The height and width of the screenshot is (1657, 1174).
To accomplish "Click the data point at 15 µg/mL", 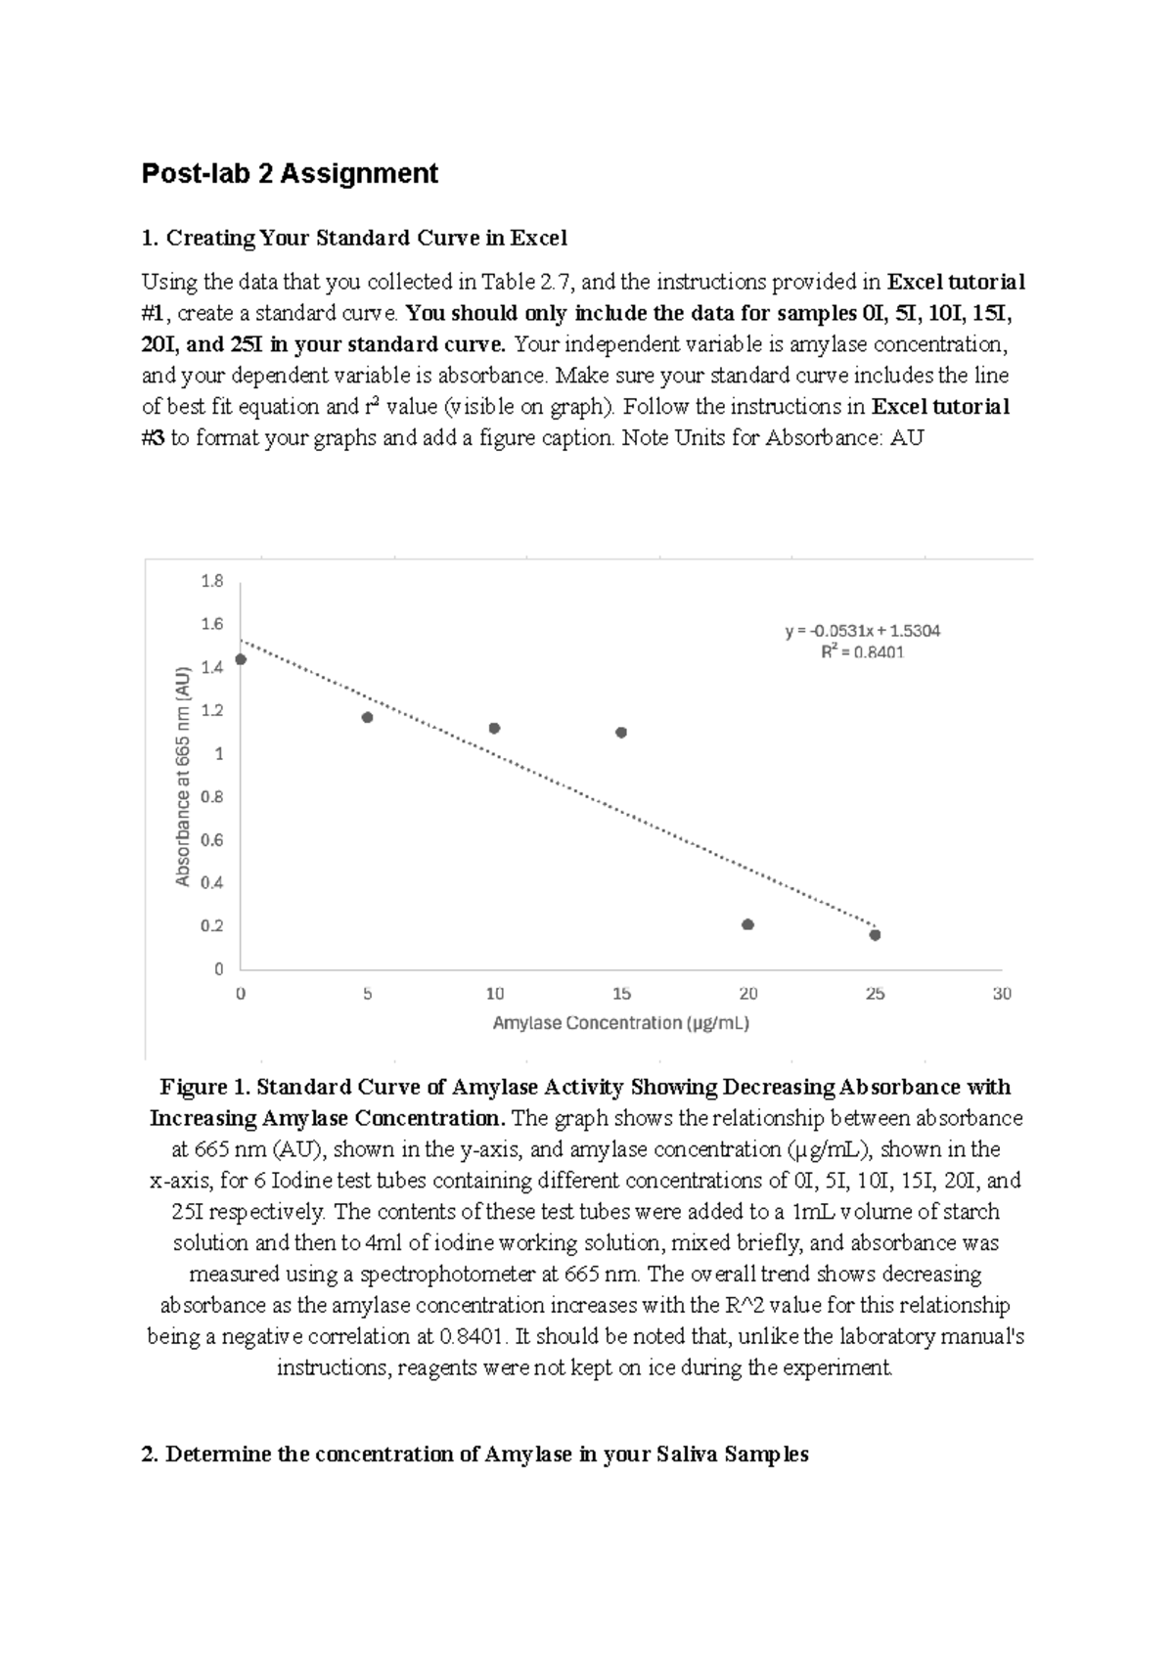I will [x=621, y=733].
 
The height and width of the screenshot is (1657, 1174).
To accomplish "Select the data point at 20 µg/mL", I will [x=748, y=924].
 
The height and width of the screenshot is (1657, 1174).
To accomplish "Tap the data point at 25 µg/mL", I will [x=875, y=935].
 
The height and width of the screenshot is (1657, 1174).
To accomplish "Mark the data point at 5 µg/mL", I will [x=368, y=717].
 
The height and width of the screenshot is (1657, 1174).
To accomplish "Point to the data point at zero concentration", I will [x=241, y=659].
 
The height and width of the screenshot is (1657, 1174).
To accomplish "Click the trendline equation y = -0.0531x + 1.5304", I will [x=862, y=631].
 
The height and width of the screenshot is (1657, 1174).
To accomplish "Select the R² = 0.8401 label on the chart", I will [x=862, y=652].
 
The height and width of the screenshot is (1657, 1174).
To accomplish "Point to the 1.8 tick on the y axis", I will [x=211, y=581].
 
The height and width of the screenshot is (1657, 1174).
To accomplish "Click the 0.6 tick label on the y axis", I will [x=211, y=839].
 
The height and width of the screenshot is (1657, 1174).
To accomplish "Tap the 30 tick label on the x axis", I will [x=1002, y=994].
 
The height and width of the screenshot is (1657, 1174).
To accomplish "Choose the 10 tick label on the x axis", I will [x=495, y=994].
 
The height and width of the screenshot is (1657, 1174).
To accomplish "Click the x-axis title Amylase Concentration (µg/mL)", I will [x=621, y=1023].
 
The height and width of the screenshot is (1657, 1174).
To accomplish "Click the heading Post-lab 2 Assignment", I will [x=290, y=174].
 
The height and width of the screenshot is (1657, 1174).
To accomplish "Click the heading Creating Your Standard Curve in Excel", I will [x=365, y=238].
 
